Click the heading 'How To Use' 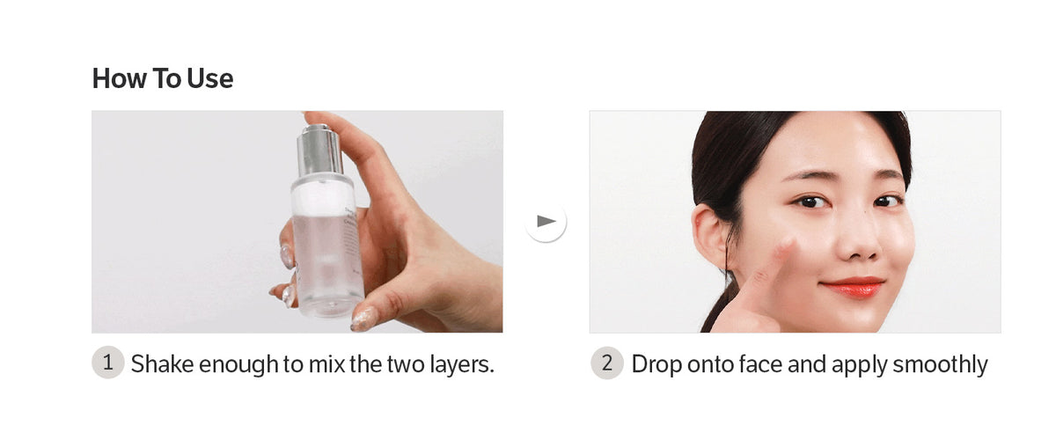(163, 78)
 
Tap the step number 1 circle (108, 363)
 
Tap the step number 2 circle (607, 363)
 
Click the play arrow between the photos (546, 222)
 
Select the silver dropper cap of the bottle (319, 150)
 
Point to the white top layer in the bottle (323, 198)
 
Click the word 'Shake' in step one (162, 364)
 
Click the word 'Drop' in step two (656, 365)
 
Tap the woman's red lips (854, 287)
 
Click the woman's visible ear (709, 236)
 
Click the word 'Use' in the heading (209, 78)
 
